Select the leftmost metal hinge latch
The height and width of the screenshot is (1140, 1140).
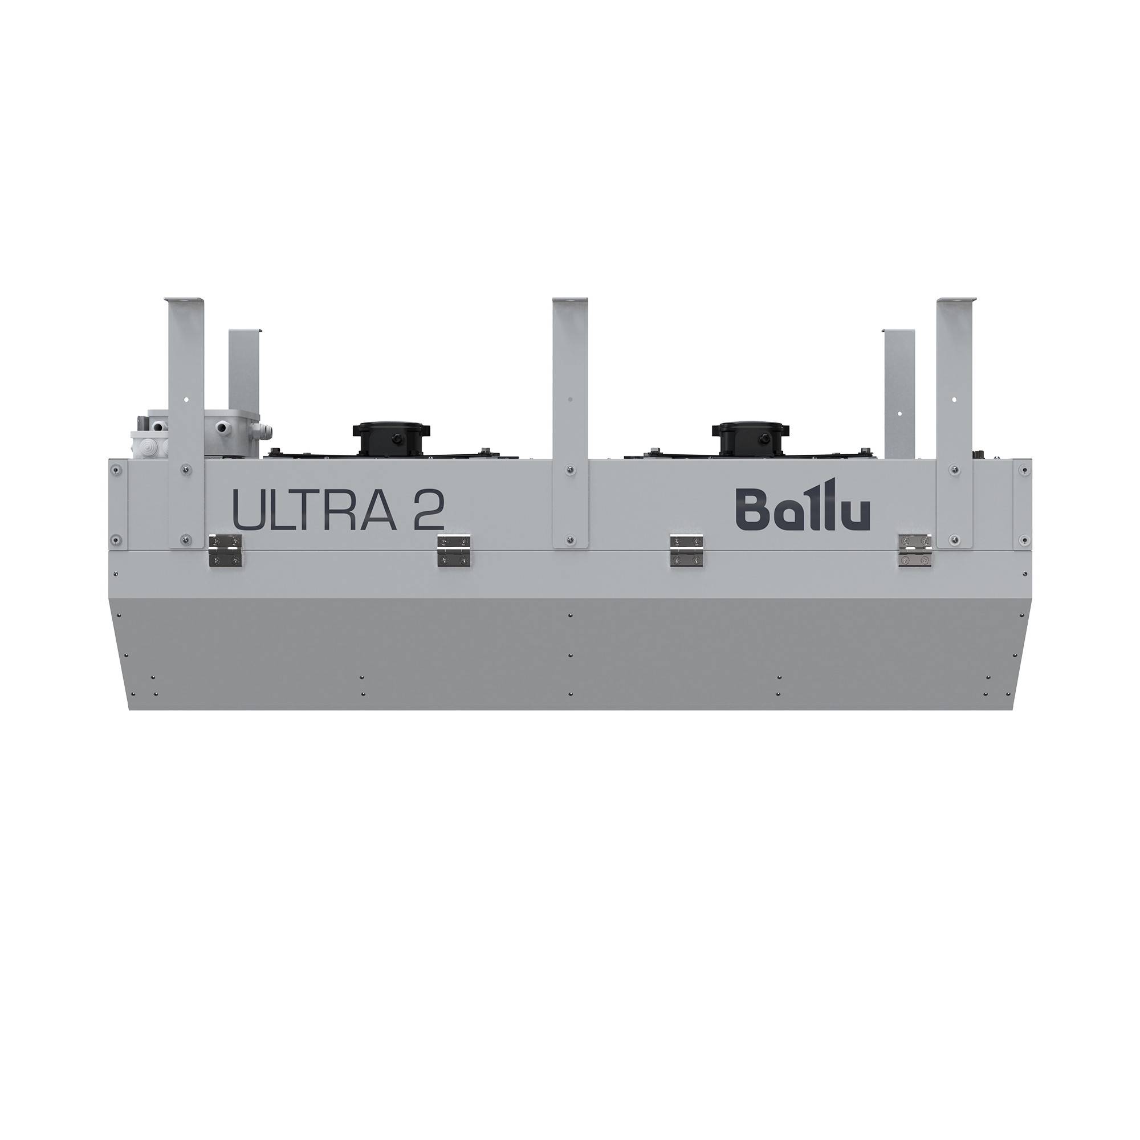(225, 551)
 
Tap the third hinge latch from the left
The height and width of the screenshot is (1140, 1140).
(686, 551)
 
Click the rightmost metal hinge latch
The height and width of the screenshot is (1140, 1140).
(914, 551)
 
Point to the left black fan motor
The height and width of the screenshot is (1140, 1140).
(391, 437)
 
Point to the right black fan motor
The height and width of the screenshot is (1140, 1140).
(750, 437)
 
